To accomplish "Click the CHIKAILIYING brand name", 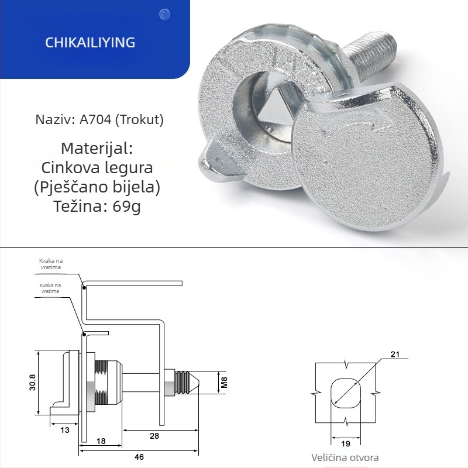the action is pyautogui.click(x=90, y=42).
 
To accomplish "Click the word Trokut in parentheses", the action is pyautogui.click(x=139, y=120).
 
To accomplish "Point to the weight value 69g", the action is pyautogui.click(x=126, y=207).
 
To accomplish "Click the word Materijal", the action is pyautogui.click(x=97, y=148).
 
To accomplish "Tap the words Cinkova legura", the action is pyautogui.click(x=97, y=167).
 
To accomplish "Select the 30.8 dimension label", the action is pyautogui.click(x=32, y=383).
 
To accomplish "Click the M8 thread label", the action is pyautogui.click(x=224, y=383).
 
